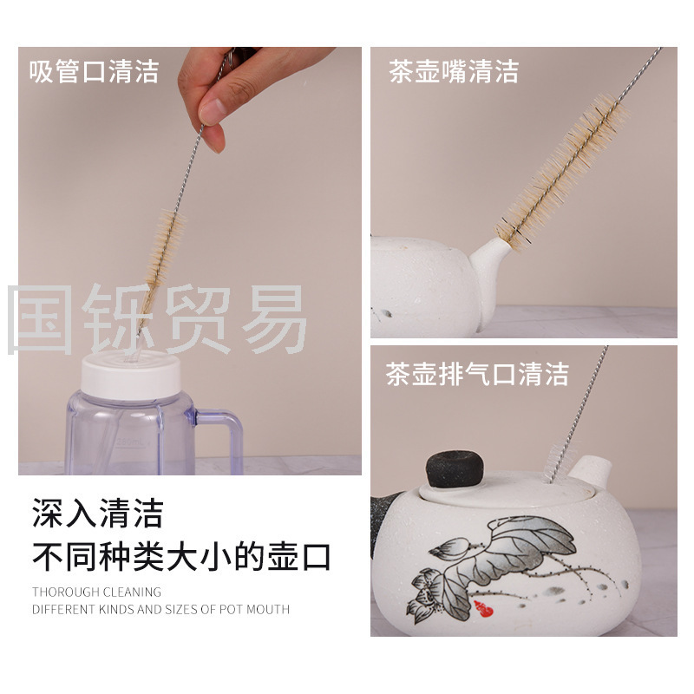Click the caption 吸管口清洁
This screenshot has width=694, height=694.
click(x=94, y=71)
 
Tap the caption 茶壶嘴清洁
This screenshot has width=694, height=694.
click(x=454, y=71)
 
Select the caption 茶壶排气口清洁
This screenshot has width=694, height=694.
click(x=477, y=374)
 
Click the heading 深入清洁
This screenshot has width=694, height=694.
click(x=98, y=513)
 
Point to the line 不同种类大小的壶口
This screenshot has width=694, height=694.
click(x=181, y=556)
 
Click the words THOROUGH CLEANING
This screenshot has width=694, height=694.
click(x=96, y=592)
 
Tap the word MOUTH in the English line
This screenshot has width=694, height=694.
click(x=268, y=610)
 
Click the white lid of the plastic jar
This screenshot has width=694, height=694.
click(x=131, y=375)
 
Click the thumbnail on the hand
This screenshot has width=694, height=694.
click(x=212, y=111)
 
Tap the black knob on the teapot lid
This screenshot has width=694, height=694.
click(x=454, y=468)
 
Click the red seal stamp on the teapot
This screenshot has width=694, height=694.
click(x=484, y=609)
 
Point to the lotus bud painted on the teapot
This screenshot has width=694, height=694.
click(x=449, y=548)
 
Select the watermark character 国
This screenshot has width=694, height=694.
click(x=40, y=318)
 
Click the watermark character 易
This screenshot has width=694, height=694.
click(x=274, y=318)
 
